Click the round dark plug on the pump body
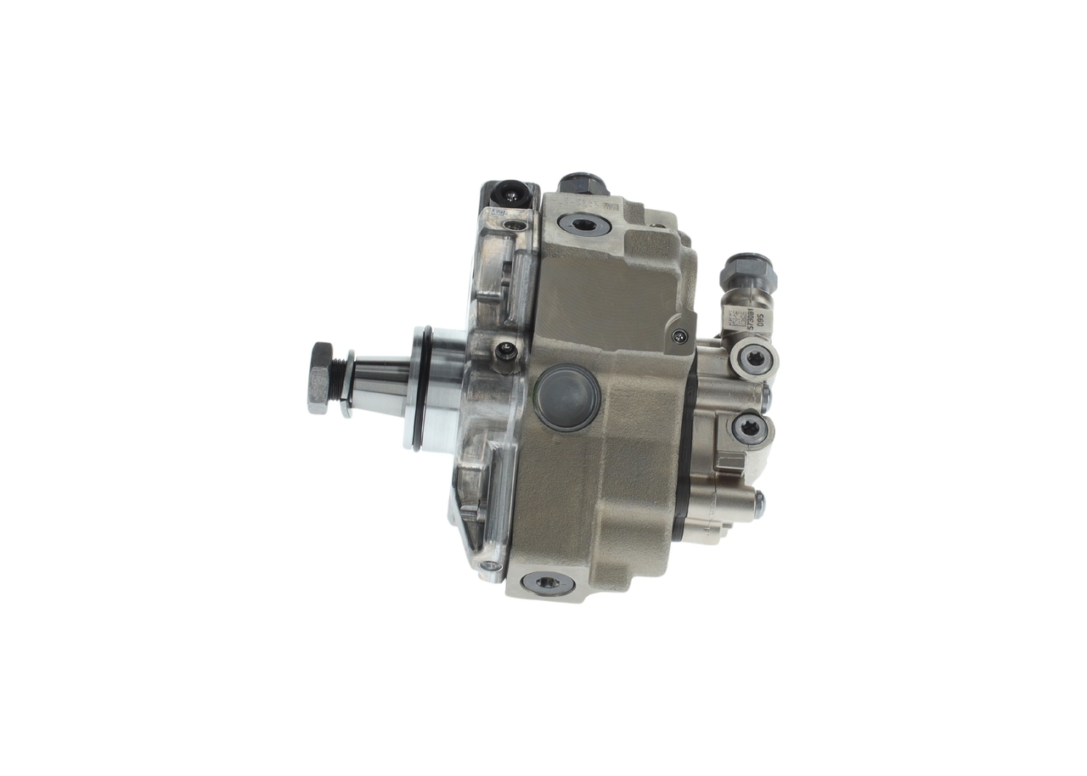pyautogui.click(x=567, y=397)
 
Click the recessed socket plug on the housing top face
pyautogui.click(x=584, y=225)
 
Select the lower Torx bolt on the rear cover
pyautogui.click(x=749, y=428)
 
